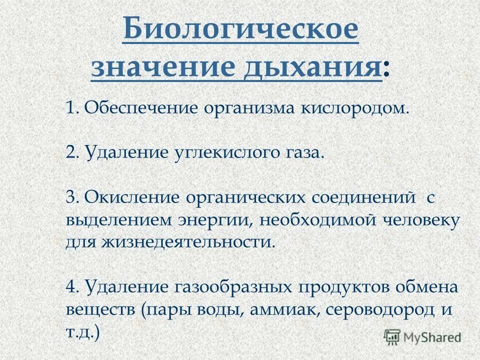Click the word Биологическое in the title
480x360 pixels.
[240, 31]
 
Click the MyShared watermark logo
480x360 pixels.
[422, 337]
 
